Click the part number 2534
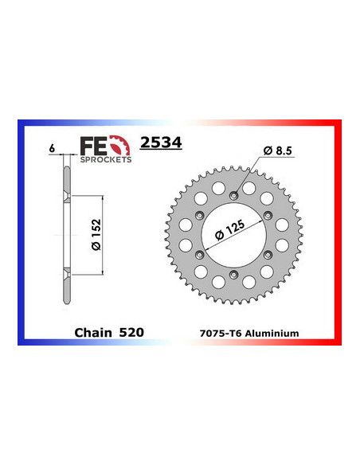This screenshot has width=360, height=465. tap(160, 143)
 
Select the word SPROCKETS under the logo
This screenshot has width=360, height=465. tap(105, 158)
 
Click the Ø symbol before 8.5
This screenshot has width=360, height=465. tap(265, 151)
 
